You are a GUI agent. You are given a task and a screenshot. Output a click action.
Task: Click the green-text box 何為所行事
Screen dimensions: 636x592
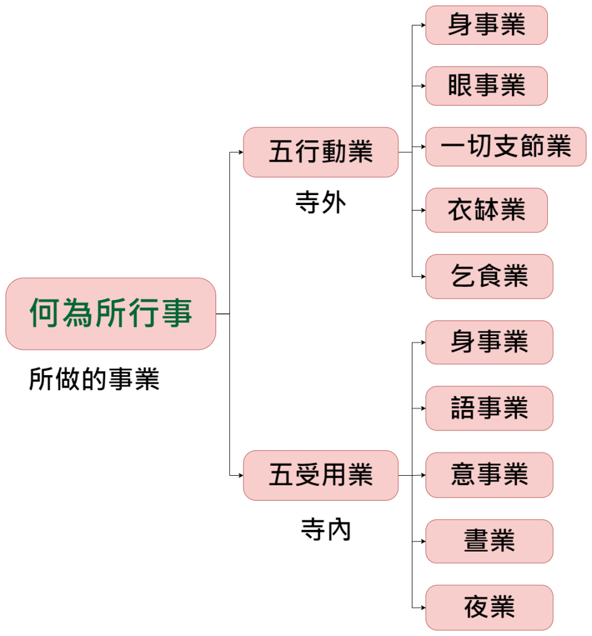click(x=111, y=314)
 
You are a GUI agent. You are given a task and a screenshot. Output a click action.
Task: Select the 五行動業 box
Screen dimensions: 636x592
click(x=321, y=152)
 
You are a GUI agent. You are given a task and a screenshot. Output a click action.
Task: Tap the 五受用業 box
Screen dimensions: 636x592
click(x=321, y=476)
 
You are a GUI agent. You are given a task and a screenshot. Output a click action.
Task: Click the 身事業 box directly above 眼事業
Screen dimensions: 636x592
click(x=486, y=25)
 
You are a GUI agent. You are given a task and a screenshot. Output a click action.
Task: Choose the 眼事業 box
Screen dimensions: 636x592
click(x=486, y=86)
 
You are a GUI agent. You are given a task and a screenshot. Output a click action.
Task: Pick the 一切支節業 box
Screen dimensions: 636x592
click(x=506, y=147)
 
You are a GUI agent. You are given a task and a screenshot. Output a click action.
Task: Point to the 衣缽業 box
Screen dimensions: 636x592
click(x=486, y=211)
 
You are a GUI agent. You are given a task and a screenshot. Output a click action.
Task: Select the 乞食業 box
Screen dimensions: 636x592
click(x=489, y=276)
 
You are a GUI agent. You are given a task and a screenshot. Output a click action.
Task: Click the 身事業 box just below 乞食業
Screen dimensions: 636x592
click(x=489, y=342)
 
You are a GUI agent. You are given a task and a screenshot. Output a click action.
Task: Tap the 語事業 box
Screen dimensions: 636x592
click(x=489, y=408)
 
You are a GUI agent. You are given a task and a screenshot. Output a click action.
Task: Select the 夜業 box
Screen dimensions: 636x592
click(x=489, y=607)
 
